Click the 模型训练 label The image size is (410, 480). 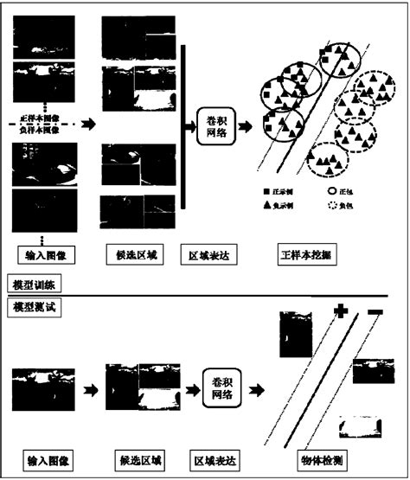point(32,285)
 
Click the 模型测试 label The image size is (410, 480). point(32,306)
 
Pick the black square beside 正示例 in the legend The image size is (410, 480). point(268,189)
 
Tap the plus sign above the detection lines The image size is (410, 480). point(340,311)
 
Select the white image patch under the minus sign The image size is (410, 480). point(362,426)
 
